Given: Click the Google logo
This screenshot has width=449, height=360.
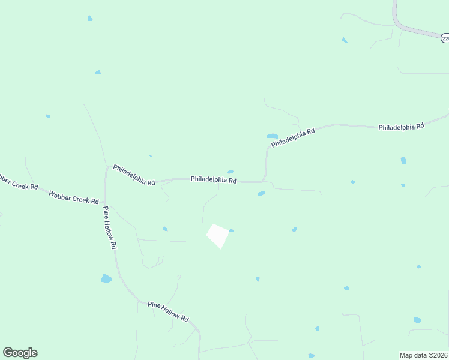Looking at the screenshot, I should point(20,353).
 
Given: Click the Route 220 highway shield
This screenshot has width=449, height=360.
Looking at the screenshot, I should point(445,38).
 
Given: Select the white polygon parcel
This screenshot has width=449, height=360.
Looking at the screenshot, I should point(218,235).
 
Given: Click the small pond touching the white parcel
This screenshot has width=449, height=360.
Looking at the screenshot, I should point(232,230).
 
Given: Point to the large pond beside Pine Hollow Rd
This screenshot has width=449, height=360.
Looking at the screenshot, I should point(106,278).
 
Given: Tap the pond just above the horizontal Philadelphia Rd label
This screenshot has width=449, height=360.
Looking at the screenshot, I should point(230,172).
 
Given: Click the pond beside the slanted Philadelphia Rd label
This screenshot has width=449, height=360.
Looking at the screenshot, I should point(273,136).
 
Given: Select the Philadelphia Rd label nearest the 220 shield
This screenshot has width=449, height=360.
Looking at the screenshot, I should point(401,127).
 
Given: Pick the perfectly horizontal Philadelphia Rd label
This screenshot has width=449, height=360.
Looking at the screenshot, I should point(213,179).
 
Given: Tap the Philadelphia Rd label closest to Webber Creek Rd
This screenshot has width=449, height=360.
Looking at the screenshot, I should point(134,175).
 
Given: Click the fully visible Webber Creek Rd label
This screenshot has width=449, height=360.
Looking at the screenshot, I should point(73,197).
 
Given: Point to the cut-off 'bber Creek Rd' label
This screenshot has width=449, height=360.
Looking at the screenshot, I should point(18,182).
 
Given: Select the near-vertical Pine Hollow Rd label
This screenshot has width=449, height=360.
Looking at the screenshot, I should point(110,227).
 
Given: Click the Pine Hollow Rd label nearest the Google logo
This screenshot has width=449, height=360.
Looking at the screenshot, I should point(168,312).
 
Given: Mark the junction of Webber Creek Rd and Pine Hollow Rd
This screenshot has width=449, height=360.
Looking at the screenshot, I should point(105,202).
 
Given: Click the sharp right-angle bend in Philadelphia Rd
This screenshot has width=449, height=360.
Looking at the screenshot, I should point(265,181).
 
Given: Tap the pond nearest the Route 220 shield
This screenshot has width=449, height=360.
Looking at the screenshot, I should point(345,40).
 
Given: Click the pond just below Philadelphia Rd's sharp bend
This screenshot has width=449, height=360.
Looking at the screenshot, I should point(261,193).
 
